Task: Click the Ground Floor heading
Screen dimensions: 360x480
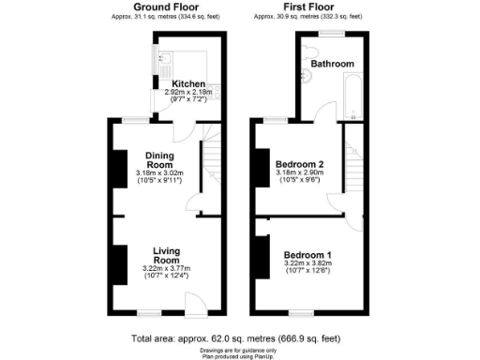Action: (x=165, y=7)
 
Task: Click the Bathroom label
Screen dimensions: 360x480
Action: (x=333, y=64)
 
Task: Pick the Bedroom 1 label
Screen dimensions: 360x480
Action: (x=307, y=255)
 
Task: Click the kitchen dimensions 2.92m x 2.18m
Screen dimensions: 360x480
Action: (x=189, y=93)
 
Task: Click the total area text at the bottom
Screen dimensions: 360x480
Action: (x=236, y=337)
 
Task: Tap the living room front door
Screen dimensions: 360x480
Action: (x=195, y=302)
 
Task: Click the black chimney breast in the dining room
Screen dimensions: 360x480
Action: (x=119, y=169)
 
